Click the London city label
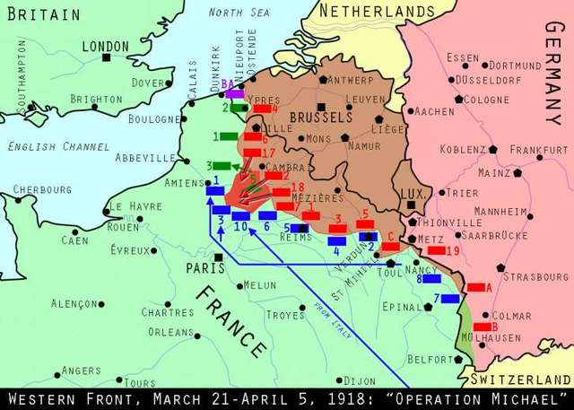point(106,45)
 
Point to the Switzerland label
point(522,379)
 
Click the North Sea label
point(238,12)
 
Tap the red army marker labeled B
point(483,327)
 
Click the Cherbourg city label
point(42,189)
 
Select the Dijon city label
point(360,380)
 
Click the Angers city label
point(82,370)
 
